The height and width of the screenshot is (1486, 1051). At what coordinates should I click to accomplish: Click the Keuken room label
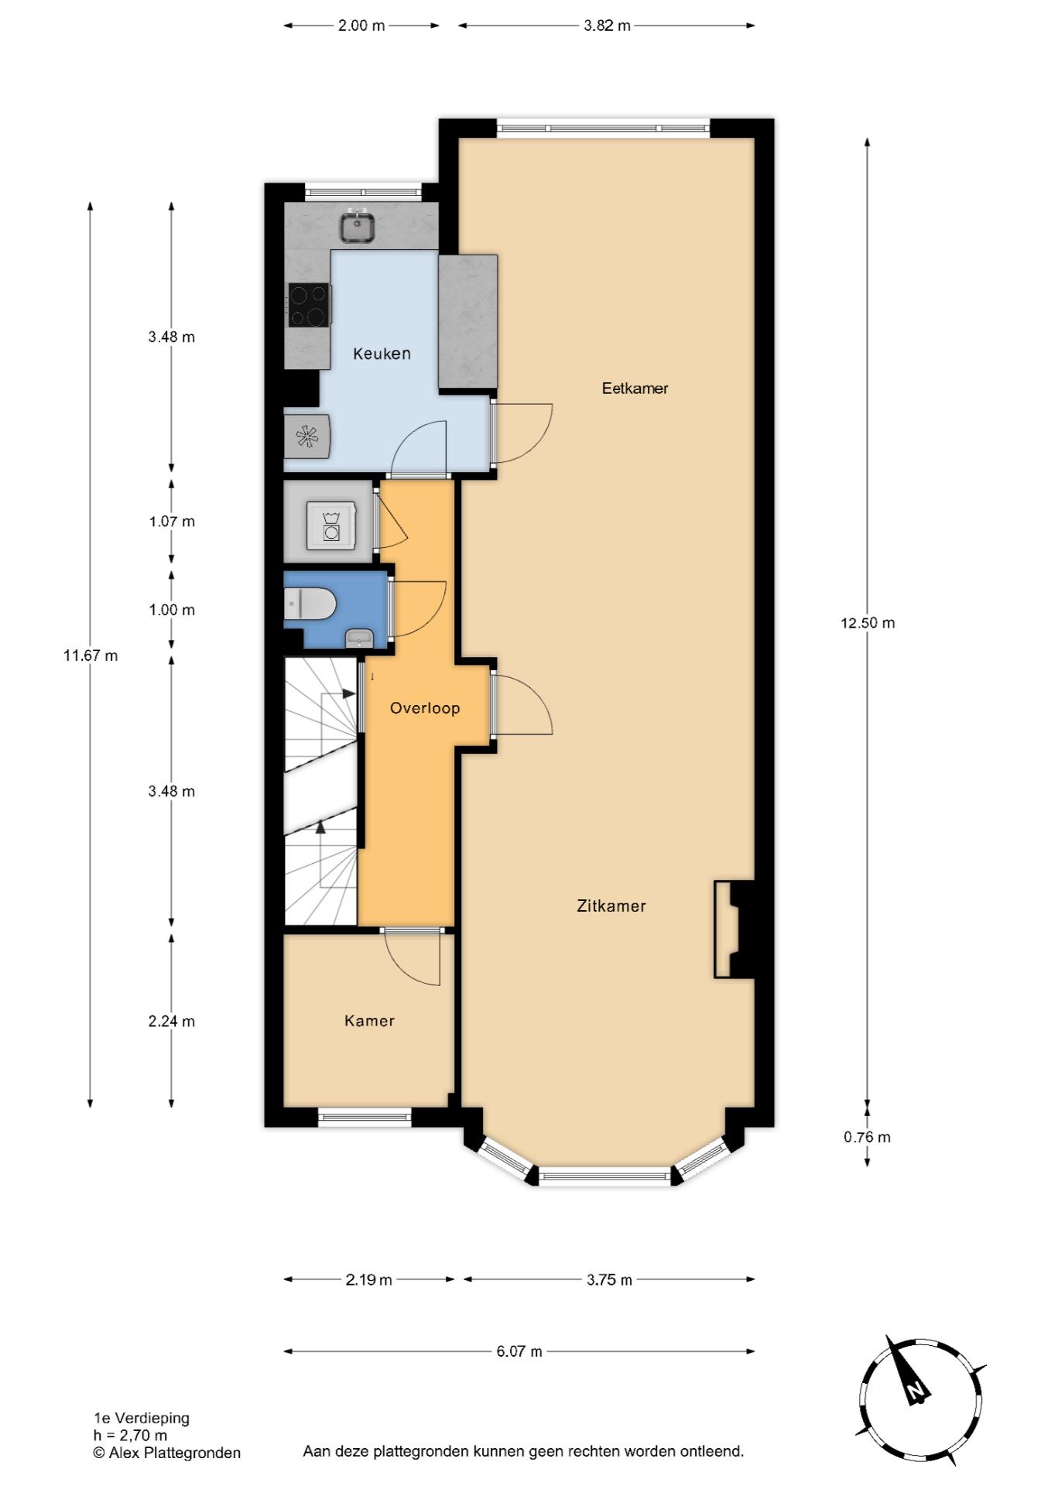(382, 354)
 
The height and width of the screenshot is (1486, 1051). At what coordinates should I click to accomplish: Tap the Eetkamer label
(635, 389)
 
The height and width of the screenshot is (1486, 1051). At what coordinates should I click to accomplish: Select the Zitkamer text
(611, 906)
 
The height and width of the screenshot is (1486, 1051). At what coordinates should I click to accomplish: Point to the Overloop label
(425, 708)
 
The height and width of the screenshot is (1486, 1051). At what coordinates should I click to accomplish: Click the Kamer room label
(369, 1021)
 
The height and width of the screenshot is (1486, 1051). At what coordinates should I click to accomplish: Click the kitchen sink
(358, 228)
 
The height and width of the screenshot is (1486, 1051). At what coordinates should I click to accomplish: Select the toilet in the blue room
(310, 604)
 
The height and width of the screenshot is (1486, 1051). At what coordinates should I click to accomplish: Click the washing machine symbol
(331, 526)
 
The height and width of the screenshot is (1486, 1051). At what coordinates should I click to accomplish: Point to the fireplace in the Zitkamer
(734, 930)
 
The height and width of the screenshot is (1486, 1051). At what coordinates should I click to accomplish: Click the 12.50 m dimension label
(868, 623)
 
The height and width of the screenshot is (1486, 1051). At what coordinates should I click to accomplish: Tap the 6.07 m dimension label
(519, 1351)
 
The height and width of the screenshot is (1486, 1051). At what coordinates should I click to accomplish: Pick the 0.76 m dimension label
(867, 1137)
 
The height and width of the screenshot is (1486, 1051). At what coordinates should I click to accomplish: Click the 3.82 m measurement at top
(607, 26)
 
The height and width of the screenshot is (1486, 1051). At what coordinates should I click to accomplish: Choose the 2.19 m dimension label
(368, 1279)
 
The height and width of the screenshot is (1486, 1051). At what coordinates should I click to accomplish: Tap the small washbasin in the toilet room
(359, 639)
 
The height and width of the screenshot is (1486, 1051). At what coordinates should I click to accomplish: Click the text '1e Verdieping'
(142, 1418)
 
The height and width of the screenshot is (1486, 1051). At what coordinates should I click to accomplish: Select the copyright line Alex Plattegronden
(166, 1453)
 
